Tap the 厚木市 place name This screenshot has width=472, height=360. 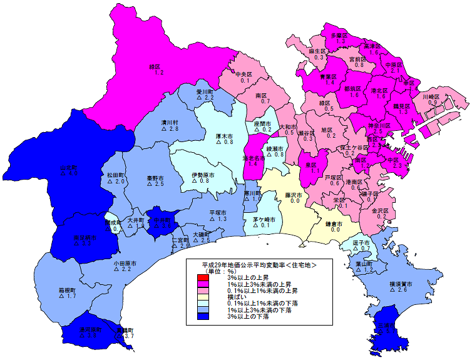tap(224, 135)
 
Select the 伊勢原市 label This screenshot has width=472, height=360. tap(203, 174)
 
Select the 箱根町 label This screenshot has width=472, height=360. tap(67, 291)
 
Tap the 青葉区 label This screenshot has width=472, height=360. tap(329, 76)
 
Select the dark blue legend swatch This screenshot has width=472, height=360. tap(202, 316)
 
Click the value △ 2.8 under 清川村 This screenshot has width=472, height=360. tap(170, 129)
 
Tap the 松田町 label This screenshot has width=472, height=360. tap(116, 175)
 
